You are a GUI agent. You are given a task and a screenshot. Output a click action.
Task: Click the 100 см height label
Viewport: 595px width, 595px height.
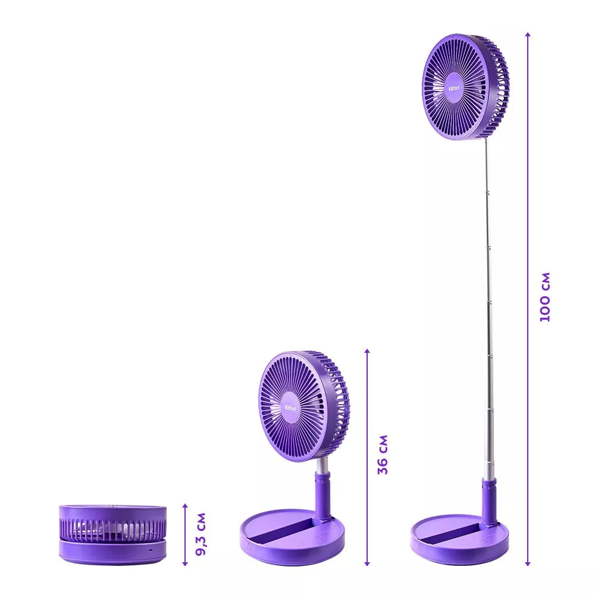click(545, 297)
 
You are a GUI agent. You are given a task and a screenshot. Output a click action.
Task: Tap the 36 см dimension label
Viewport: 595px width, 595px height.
click(383, 455)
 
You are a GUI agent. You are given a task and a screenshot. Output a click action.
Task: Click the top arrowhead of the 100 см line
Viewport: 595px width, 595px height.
click(527, 35)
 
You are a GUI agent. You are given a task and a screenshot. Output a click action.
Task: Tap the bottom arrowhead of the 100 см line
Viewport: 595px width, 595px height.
click(527, 563)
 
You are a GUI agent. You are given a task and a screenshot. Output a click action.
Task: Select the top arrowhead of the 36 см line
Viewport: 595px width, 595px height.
click(367, 351)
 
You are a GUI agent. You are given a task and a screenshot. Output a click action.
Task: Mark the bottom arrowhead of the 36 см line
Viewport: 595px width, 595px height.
click(367, 563)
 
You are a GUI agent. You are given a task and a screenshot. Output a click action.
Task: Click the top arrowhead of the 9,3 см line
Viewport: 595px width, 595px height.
click(185, 506)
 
